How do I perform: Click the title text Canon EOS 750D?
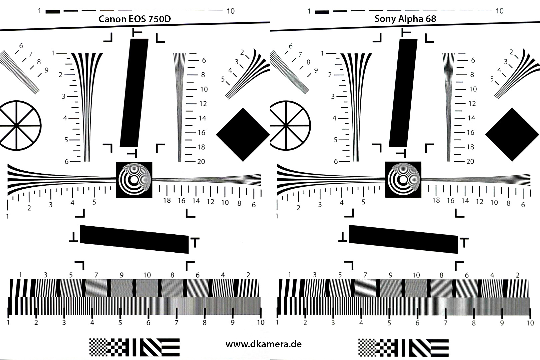pyautogui.click(x=135, y=19)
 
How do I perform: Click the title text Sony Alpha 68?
pyautogui.click(x=405, y=19)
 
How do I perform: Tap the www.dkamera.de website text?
pyautogui.click(x=263, y=344)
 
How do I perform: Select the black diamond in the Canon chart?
pyautogui.click(x=243, y=135)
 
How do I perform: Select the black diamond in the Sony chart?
pyautogui.click(x=512, y=135)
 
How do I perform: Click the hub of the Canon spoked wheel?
pyautogui.click(x=16, y=125)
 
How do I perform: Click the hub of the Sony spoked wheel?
pyautogui.click(x=286, y=125)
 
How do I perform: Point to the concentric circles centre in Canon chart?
pyautogui.click(x=134, y=180)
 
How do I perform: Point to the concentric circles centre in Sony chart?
pyautogui.click(x=403, y=180)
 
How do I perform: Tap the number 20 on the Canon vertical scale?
pyautogui.click(x=201, y=162)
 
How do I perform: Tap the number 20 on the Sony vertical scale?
pyautogui.click(x=470, y=161)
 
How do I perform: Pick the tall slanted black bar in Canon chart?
pyautogui.click(x=134, y=93)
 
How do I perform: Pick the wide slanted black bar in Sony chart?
pyautogui.click(x=403, y=239)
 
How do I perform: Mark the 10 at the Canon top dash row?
pyautogui.click(x=230, y=11)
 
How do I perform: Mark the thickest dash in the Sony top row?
pyautogui.click(x=322, y=12)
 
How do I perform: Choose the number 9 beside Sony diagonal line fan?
pyautogui.click(x=316, y=70)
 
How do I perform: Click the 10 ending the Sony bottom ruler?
pyautogui.click(x=530, y=323)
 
